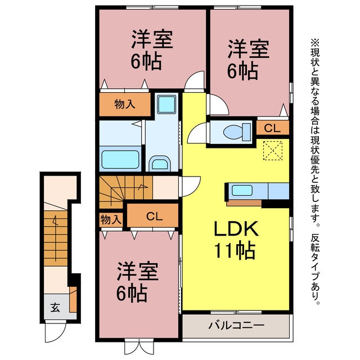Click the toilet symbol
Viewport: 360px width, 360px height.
(237, 132)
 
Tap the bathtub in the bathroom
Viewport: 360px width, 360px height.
(120, 159)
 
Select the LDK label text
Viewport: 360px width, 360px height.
(236, 228)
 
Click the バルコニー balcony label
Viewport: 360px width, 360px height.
(236, 325)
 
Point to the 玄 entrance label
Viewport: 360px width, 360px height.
(55, 308)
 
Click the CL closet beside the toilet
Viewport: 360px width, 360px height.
(272, 128)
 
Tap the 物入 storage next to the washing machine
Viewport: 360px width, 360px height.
(125, 105)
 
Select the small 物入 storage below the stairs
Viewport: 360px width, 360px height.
(111, 220)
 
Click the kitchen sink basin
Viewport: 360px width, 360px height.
(242, 191)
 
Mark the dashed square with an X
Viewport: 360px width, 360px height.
(272, 151)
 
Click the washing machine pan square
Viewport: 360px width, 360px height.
(167, 105)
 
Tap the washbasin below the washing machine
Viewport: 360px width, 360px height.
(160, 164)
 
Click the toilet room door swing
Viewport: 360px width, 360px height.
(197, 133)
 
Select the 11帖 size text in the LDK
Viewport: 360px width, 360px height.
(235, 250)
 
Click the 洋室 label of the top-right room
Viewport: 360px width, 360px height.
(248, 49)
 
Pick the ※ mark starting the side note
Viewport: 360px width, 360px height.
(315, 43)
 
